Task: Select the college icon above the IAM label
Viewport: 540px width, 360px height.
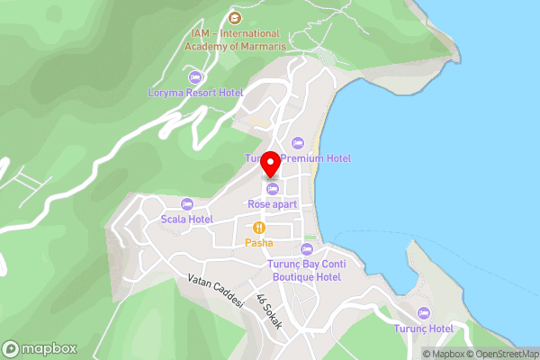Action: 235,17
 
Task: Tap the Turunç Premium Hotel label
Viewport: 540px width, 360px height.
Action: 298,158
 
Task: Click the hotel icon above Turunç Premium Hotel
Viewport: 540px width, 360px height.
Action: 298,143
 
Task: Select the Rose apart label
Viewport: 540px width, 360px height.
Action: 272,204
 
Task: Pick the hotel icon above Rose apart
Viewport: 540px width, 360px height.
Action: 272,188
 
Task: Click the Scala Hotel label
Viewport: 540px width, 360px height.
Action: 187,219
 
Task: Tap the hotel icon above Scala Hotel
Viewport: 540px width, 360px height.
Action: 187,203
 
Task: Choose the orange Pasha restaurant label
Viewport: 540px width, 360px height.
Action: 259,243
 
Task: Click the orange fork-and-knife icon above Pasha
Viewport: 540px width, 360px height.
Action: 259,228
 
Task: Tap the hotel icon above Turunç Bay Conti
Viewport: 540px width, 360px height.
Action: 306,248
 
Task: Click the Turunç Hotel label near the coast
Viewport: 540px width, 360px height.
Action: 423,328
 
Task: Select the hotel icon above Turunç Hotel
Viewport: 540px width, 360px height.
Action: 423,312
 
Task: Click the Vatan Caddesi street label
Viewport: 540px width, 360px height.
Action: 216,292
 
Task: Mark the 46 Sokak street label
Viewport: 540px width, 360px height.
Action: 269,311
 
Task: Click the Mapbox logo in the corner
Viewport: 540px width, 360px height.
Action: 40,349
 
